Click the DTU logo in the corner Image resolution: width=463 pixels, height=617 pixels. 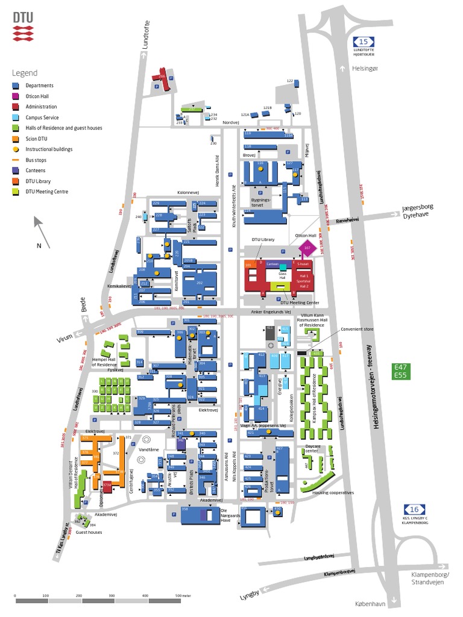point(26,26)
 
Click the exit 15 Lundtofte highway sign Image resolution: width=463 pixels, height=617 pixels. point(363,42)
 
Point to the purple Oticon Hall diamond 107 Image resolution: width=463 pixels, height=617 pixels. point(307,248)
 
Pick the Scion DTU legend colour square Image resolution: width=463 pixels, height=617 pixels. point(16,139)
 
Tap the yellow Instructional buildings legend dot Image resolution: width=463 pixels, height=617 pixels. point(16,149)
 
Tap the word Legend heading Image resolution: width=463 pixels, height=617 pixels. point(24,73)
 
